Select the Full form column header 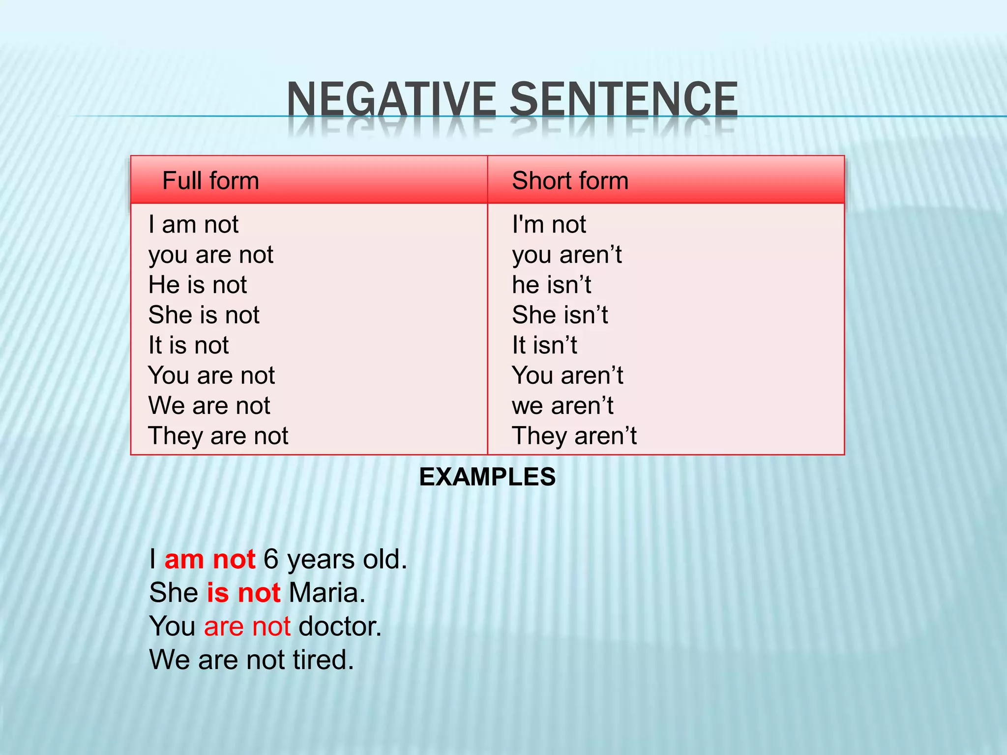click(x=210, y=180)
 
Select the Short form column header click(x=570, y=180)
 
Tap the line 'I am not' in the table click(x=193, y=225)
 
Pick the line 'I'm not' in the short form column click(x=549, y=225)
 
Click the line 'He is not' click(x=198, y=285)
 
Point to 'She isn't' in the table click(x=560, y=315)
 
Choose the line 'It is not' click(x=189, y=345)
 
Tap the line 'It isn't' click(x=544, y=345)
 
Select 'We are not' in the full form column click(x=209, y=406)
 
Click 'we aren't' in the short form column click(x=563, y=406)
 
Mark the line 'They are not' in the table click(x=218, y=436)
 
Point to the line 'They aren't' click(x=574, y=436)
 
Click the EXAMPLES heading click(x=487, y=477)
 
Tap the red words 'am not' click(x=210, y=559)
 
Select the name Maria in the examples click(x=326, y=593)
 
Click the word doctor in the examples click(x=340, y=626)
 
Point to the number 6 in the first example click(x=271, y=559)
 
